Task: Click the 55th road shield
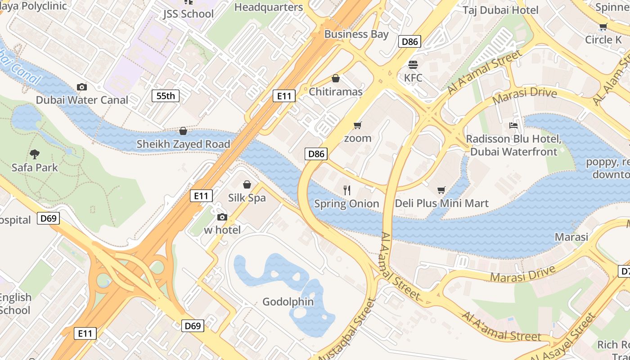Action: coord(166,95)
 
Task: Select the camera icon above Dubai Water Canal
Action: coord(82,87)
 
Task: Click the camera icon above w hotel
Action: coord(222,217)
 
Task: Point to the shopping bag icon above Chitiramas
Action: coord(336,78)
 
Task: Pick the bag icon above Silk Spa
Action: coord(247,184)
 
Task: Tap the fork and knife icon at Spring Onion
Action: coord(346,190)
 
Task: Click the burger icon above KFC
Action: coord(413,65)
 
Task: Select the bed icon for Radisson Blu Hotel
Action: coord(513,126)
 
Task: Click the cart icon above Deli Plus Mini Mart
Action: coord(441,190)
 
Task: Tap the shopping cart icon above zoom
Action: coord(358,125)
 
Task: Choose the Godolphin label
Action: coord(288,301)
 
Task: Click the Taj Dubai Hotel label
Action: coord(501,10)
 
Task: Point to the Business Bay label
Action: coord(356,34)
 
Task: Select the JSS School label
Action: coord(189,14)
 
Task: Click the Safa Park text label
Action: coord(35,168)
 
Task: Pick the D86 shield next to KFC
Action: coord(409,42)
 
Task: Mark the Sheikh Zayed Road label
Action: coord(183,144)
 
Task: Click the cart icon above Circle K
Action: coord(603,27)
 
